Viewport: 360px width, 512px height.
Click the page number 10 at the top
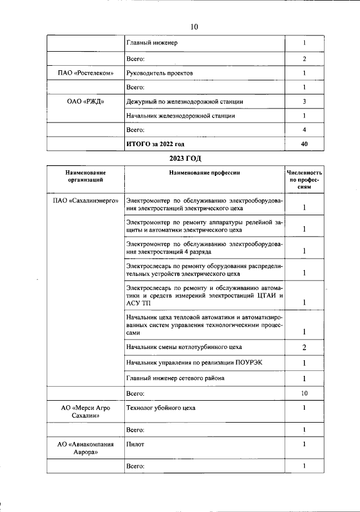click(195, 26)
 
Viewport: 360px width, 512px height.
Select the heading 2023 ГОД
click(185, 159)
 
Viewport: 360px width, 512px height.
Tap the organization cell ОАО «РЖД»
click(85, 102)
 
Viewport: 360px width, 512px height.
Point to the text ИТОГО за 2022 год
click(156, 144)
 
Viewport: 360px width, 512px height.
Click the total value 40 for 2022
click(304, 144)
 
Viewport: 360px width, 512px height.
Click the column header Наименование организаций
click(85, 176)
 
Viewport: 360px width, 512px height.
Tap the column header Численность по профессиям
click(304, 180)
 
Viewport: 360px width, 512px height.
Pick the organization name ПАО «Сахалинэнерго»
click(85, 201)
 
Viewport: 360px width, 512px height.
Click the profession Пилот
click(136, 444)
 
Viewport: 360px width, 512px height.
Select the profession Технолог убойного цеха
click(161, 407)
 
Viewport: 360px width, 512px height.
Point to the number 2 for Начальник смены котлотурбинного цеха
click(304, 347)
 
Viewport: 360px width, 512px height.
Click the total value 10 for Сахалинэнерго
click(304, 393)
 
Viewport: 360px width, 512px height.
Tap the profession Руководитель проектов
click(161, 73)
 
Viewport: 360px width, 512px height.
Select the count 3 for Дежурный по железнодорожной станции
click(304, 102)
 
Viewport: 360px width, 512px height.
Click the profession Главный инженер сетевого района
click(175, 378)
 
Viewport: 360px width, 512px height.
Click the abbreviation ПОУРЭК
click(248, 363)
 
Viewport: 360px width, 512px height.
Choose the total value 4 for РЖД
click(304, 130)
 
